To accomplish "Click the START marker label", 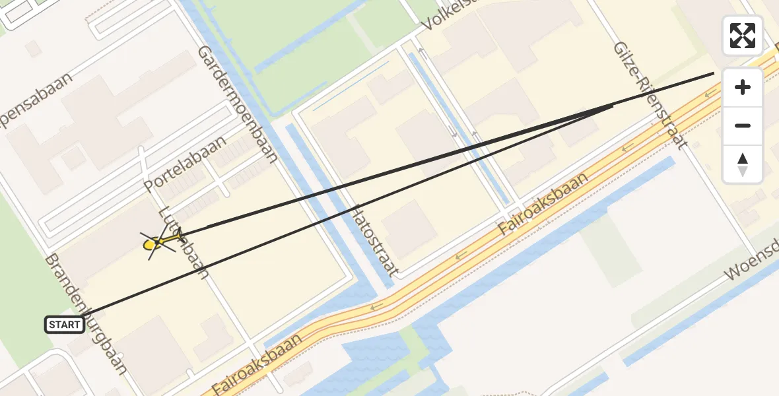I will click(x=65, y=325).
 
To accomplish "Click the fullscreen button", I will click(x=743, y=36).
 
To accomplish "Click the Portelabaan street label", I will click(x=185, y=165).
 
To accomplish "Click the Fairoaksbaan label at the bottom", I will click(x=258, y=364).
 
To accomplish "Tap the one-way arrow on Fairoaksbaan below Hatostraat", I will click(x=377, y=306).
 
